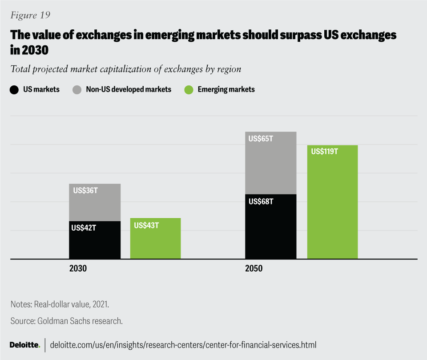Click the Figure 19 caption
pos(30,15)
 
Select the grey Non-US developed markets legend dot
pos(76,89)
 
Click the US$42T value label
pos(84,228)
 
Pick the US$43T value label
pos(146,225)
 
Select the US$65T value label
pos(261,139)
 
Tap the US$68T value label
pos(261,201)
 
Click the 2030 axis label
pos(78,269)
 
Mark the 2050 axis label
pos(253,269)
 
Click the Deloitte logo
pos(25,345)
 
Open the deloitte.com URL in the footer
pos(183,345)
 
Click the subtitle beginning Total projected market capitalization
pos(125,69)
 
